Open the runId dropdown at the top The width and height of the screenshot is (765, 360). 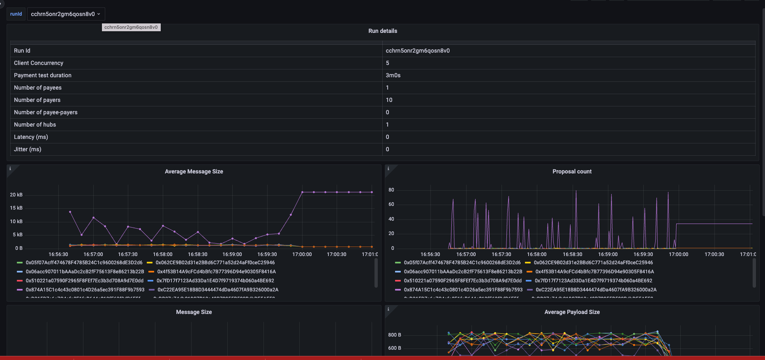tap(66, 14)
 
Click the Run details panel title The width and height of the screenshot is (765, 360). tap(382, 31)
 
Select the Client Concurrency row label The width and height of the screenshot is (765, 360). tap(39, 63)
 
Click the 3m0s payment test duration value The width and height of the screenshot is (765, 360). tap(393, 75)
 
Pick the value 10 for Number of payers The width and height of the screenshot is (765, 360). tap(389, 100)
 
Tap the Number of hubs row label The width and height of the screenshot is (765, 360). tap(35, 125)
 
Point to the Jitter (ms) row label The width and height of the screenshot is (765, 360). tap(28, 149)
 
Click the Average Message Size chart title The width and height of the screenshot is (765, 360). tap(194, 171)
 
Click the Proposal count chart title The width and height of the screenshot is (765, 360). tap(572, 171)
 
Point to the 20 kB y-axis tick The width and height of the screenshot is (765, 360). tap(16, 195)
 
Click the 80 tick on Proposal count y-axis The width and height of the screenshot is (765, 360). tap(391, 190)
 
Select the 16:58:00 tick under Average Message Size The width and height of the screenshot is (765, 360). tap(163, 254)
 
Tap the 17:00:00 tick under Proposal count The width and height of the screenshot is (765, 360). tap(678, 254)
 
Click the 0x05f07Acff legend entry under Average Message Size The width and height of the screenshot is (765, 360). tap(84, 263)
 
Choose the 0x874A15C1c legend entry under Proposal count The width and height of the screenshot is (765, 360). tap(463, 290)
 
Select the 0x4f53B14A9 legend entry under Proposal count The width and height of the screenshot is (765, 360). tap(594, 272)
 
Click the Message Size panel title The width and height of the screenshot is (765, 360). tap(194, 312)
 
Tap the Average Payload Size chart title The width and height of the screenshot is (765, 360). tap(572, 312)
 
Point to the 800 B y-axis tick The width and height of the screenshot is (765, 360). tap(395, 335)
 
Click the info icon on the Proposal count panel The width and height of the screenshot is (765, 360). tap(388, 168)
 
